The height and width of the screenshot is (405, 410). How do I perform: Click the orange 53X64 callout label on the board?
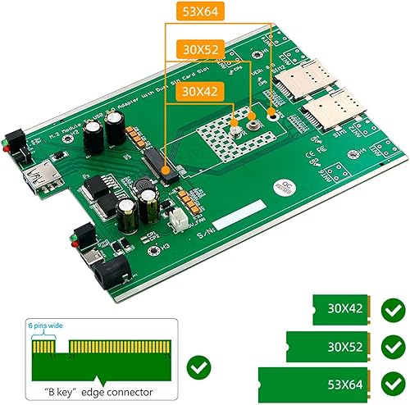coord(199,14)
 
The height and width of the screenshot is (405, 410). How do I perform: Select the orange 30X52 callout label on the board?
coord(199,50)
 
